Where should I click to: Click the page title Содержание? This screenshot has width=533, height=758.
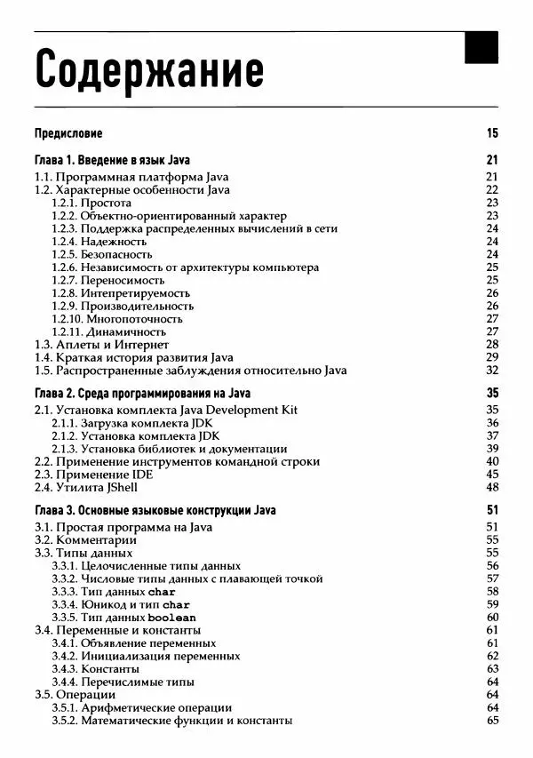tap(148, 68)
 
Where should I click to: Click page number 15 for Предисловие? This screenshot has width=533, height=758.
tap(492, 134)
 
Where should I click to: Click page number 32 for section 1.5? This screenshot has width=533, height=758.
tap(492, 370)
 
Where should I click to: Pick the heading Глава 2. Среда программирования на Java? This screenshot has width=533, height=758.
tap(142, 394)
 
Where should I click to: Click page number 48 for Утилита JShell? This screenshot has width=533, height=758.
tap(492, 487)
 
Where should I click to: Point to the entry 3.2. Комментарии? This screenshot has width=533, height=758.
tap(85, 539)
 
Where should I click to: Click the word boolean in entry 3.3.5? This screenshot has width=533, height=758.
tap(171, 618)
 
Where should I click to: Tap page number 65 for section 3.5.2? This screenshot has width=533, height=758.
tap(492, 721)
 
